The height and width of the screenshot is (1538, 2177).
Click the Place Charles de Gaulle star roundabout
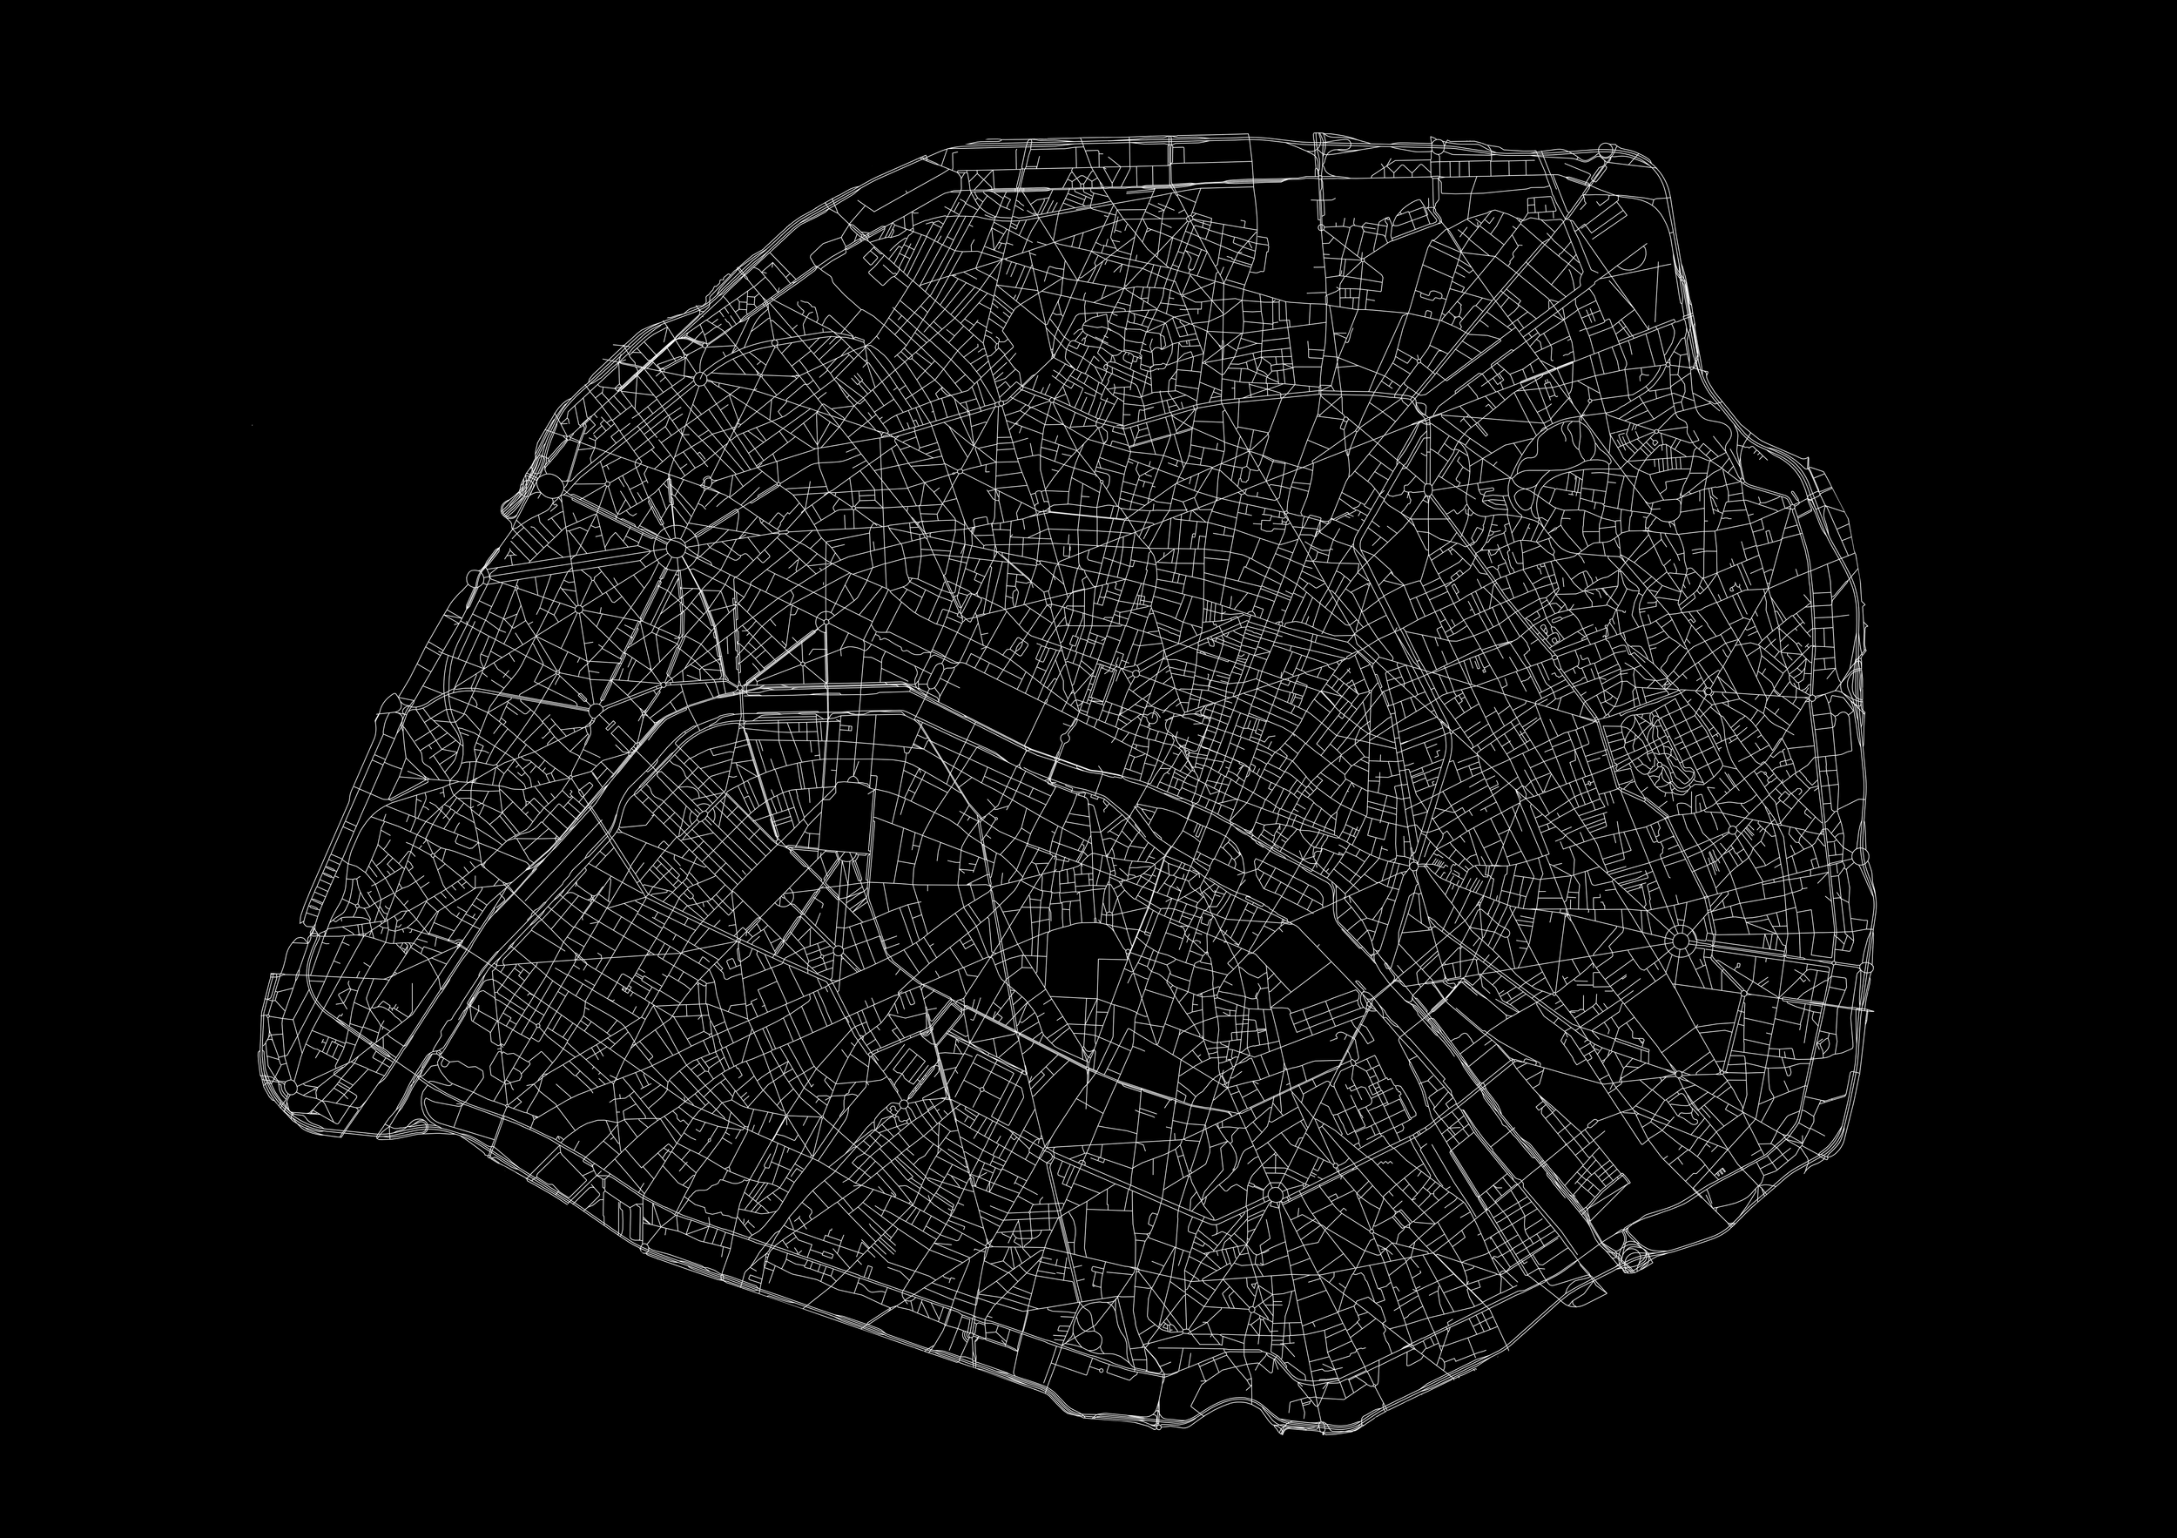[675, 547]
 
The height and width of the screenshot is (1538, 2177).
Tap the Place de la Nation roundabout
[1679, 941]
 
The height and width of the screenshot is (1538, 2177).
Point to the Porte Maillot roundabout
[550, 485]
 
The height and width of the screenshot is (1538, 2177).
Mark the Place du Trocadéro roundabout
[596, 709]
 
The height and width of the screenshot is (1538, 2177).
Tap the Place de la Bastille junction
[1412, 865]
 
